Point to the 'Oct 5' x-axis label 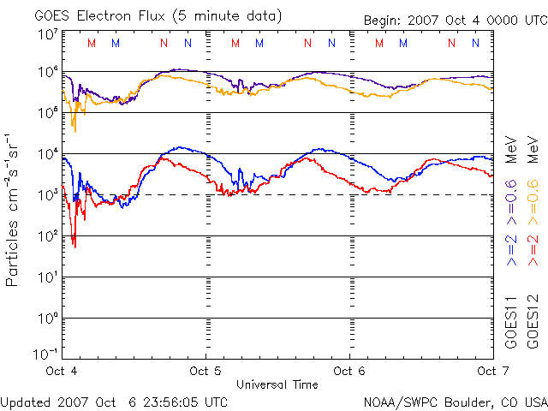(205, 371)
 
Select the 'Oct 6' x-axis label (349, 371)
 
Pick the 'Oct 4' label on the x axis (63, 371)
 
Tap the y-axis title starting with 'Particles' (14, 209)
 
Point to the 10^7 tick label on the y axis (46, 34)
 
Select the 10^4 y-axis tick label (46, 154)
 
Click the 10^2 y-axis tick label (46, 236)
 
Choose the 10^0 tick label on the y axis (46, 319)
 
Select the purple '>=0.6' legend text (511, 196)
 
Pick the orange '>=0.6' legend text (532, 196)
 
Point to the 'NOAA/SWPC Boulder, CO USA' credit (455, 402)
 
